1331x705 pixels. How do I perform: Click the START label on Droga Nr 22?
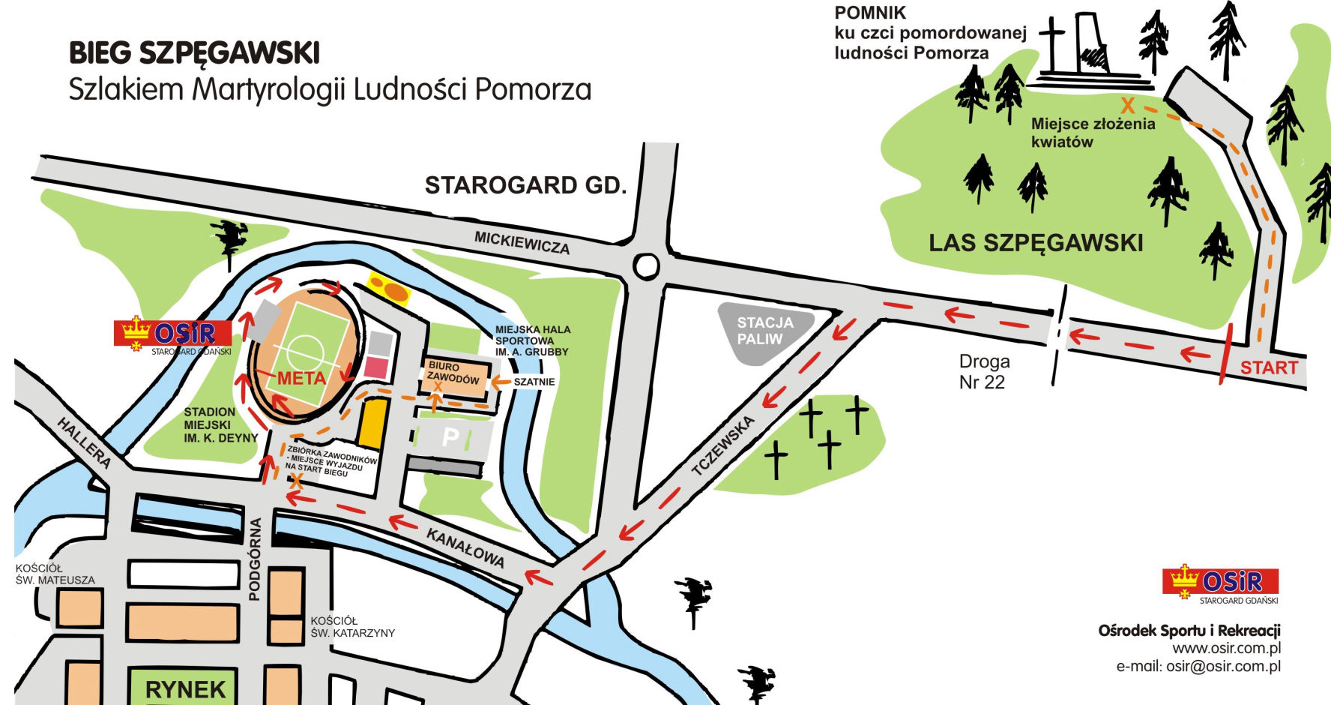point(1268,367)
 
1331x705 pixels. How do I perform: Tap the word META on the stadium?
point(301,378)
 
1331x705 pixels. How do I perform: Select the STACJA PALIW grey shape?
point(764,331)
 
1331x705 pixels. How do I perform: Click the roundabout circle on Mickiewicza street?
point(646,265)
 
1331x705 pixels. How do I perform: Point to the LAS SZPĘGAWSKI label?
point(1036,243)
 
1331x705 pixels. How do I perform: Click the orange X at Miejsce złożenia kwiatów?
point(1126,106)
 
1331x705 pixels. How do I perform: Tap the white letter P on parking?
point(450,437)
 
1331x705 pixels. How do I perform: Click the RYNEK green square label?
point(185,688)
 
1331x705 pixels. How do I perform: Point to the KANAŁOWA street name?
point(465,548)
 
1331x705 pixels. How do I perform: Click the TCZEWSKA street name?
point(723,446)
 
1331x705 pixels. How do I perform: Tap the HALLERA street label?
point(84,443)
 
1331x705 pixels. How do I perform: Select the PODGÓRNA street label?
point(255,559)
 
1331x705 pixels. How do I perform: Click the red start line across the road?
point(1225,360)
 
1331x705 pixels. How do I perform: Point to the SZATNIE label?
point(534,382)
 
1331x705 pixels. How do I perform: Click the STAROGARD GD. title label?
point(525,185)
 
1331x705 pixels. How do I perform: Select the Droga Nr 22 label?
point(983,371)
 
